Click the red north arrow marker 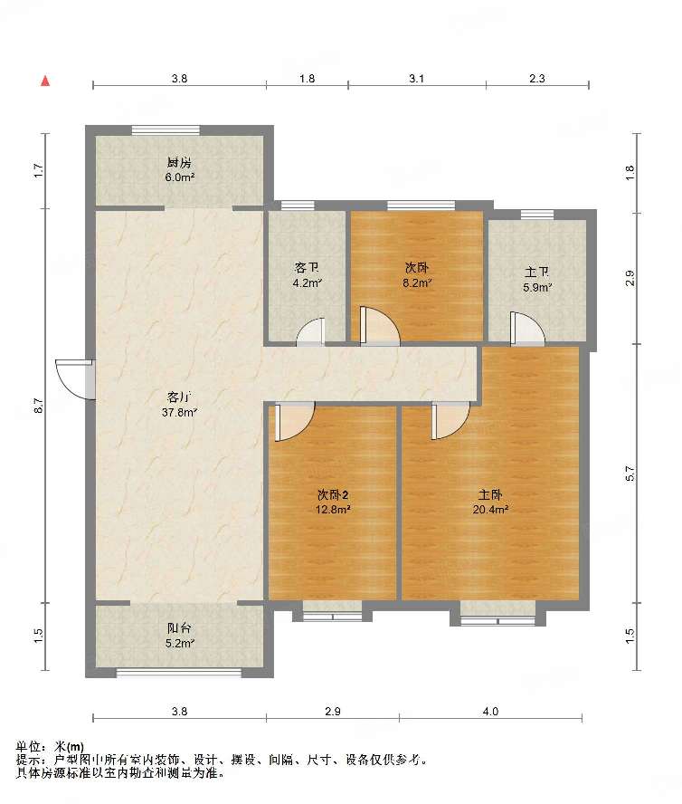click(x=45, y=81)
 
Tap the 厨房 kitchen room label click(x=179, y=163)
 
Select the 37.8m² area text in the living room click(x=179, y=412)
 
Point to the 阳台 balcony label click(x=179, y=628)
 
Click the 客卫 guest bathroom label click(x=307, y=268)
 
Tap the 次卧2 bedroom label click(x=333, y=495)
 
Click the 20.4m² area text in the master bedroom click(x=490, y=509)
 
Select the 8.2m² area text click(x=417, y=282)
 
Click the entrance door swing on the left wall click(x=75, y=379)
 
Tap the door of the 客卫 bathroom click(x=311, y=331)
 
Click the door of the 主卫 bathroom click(x=527, y=328)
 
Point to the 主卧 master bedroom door click(x=450, y=421)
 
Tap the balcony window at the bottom click(x=179, y=673)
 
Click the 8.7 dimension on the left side click(x=40, y=406)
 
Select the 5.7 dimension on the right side click(x=630, y=473)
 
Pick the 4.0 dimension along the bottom click(x=490, y=711)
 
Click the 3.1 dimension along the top click(x=417, y=79)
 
